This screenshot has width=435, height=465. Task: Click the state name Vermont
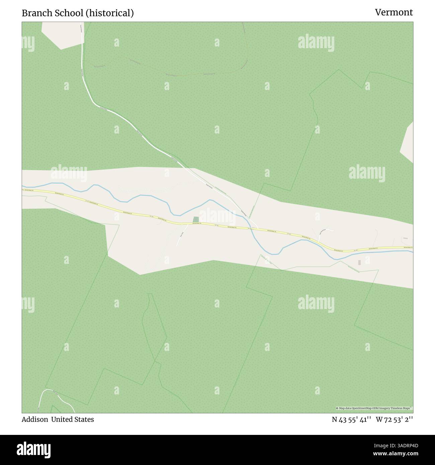(394, 12)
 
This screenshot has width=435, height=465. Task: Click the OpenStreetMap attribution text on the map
(374, 408)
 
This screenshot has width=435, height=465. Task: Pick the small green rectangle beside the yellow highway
(196, 220)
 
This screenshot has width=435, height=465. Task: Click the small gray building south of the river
(359, 263)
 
